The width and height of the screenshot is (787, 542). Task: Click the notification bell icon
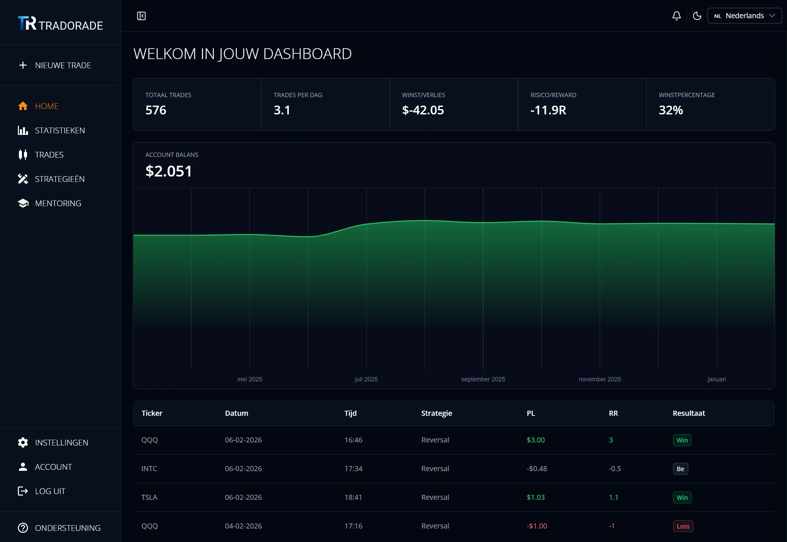pyautogui.click(x=676, y=16)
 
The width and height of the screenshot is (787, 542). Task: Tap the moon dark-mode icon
pyautogui.click(x=697, y=16)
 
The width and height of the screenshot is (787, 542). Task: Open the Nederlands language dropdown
pyautogui.click(x=744, y=16)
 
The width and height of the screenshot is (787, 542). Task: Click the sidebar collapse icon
pyautogui.click(x=141, y=16)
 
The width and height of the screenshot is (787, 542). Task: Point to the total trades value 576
pyautogui.click(x=156, y=110)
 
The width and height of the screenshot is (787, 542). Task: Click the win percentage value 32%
pyautogui.click(x=671, y=110)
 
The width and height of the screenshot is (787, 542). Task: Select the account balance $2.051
pyautogui.click(x=169, y=171)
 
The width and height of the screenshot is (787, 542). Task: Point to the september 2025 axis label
pyautogui.click(x=483, y=379)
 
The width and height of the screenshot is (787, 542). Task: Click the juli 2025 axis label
pyautogui.click(x=366, y=379)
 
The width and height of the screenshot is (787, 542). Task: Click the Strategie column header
pyautogui.click(x=436, y=413)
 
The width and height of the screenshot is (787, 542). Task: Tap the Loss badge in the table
pyautogui.click(x=683, y=526)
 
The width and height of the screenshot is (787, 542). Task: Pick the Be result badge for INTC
pyautogui.click(x=680, y=469)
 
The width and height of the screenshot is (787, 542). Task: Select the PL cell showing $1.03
pyautogui.click(x=536, y=497)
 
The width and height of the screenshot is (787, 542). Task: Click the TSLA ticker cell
pyautogui.click(x=149, y=497)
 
